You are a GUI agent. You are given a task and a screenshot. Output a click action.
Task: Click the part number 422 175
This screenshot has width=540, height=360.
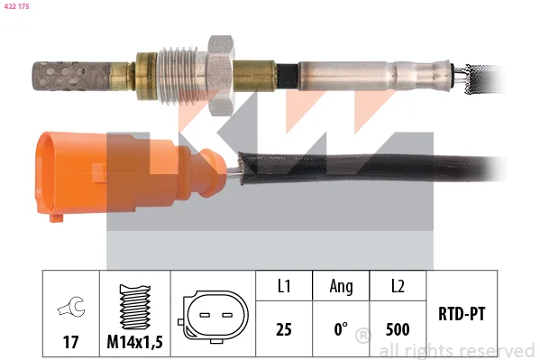click(16, 6)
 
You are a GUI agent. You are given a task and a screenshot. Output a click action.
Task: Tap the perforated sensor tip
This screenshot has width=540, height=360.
click(72, 77)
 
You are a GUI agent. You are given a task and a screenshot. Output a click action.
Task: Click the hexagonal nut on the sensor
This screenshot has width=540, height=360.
click(220, 75)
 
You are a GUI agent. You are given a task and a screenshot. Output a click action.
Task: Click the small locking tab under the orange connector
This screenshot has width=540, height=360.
click(56, 217)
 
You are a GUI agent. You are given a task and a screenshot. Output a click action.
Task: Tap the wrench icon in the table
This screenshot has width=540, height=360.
click(71, 306)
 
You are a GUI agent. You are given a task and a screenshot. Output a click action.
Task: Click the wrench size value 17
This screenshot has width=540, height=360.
click(71, 342)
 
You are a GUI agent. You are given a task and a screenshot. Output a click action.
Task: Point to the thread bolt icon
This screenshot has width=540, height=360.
click(134, 308)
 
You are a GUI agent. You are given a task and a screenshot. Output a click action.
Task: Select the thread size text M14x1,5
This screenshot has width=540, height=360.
click(134, 342)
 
